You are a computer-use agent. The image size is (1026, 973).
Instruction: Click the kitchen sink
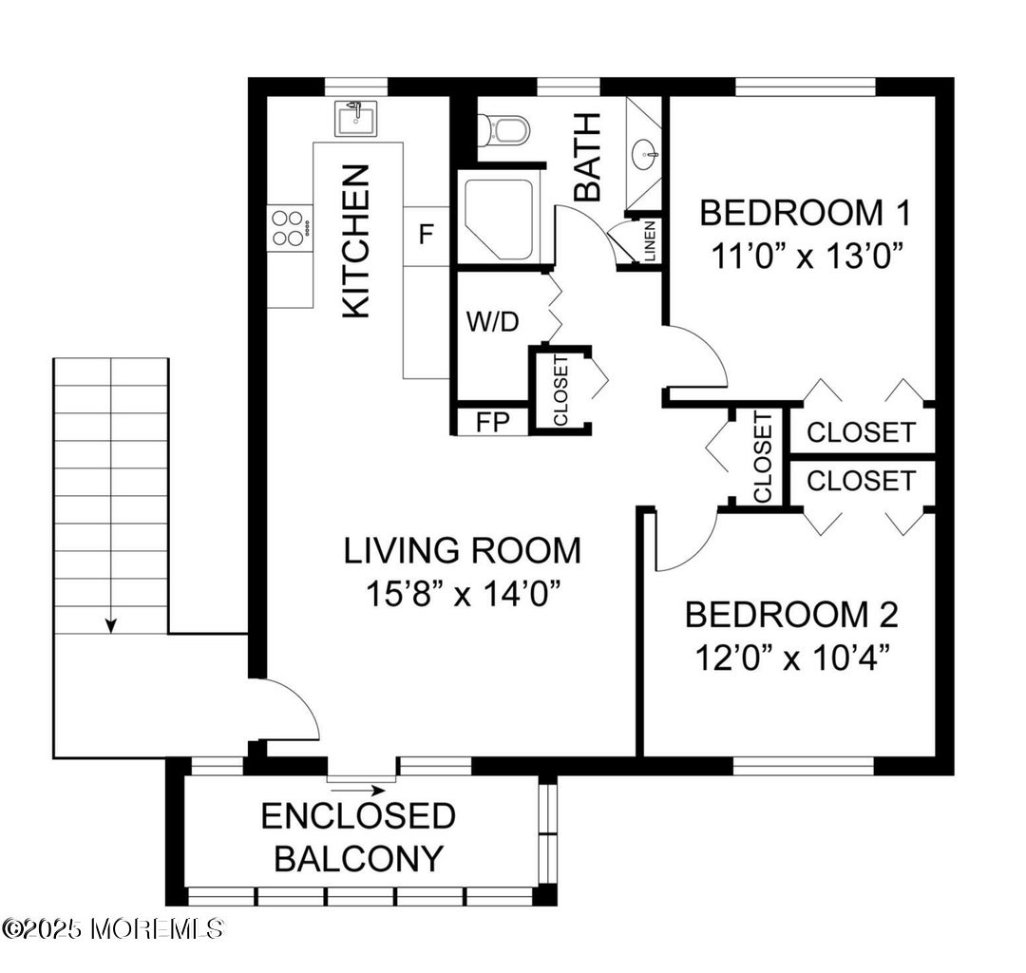click(356, 119)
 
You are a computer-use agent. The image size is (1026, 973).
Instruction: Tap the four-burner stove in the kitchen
click(290, 228)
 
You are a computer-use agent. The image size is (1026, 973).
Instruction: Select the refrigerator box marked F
click(426, 236)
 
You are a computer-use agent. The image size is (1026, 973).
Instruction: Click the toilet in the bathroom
click(502, 130)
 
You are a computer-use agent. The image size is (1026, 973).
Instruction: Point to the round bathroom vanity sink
click(646, 155)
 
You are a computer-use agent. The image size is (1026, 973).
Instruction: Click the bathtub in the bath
click(500, 219)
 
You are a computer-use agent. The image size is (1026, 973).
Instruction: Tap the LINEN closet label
click(651, 240)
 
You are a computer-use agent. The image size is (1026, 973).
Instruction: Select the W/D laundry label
click(492, 321)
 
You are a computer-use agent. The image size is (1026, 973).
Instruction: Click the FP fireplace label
click(493, 422)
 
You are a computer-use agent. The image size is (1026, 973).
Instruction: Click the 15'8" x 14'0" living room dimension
click(464, 594)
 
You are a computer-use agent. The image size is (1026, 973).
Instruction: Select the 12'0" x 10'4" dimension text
click(791, 658)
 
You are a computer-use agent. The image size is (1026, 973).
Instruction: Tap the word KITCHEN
click(356, 241)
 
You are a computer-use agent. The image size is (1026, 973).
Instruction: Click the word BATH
click(587, 157)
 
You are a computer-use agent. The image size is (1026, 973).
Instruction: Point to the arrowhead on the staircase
click(111, 625)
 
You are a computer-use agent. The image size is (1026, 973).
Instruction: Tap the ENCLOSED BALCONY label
click(358, 837)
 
